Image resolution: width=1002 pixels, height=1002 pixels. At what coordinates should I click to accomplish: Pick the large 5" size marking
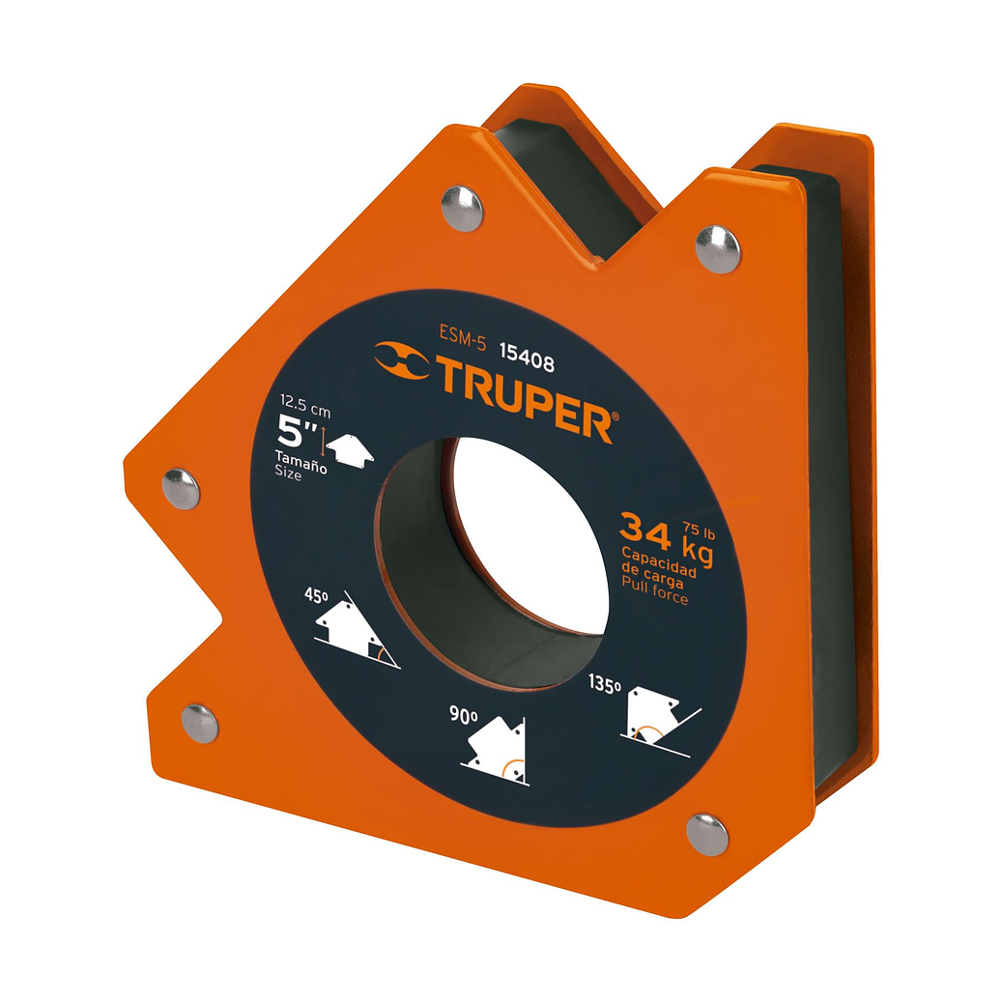[x=298, y=429]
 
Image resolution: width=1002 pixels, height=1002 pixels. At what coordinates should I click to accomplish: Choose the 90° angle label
[x=465, y=716]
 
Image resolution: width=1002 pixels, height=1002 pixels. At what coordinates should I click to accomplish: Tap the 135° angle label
[x=606, y=685]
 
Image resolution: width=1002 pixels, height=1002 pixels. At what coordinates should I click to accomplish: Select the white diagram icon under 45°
[x=356, y=635]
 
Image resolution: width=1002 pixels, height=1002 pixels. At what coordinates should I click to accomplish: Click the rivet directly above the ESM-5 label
[x=463, y=208]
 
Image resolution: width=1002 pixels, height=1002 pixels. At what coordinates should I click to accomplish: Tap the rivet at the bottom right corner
[x=707, y=833]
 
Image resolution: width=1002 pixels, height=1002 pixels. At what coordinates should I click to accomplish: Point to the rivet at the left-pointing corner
[x=181, y=489]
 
